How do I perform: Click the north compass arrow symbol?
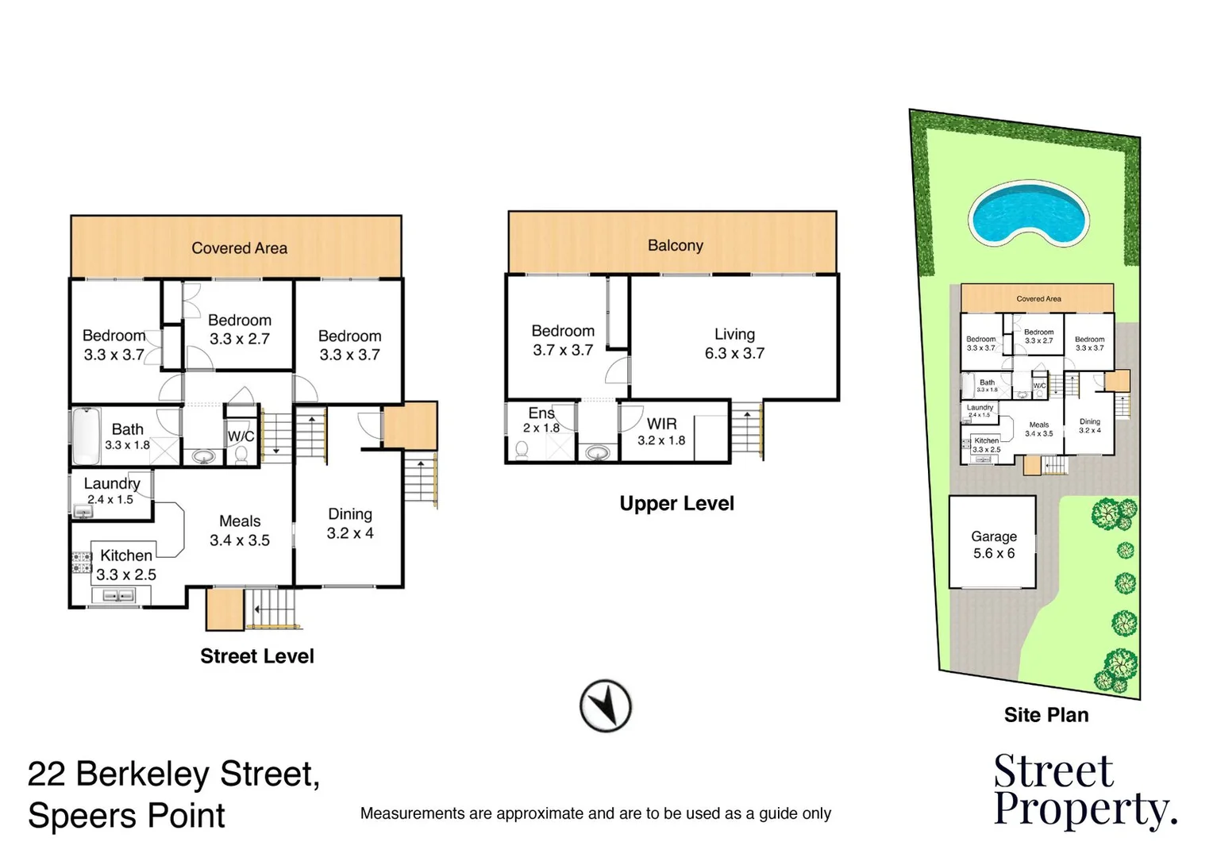tap(605, 705)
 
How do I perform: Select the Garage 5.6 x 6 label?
tap(993, 545)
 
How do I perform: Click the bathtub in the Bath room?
tap(86, 436)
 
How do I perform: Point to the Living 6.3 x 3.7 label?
tap(734, 344)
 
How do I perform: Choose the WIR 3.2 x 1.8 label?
tap(661, 432)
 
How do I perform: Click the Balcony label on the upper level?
tap(675, 245)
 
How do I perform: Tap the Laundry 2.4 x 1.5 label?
tap(111, 490)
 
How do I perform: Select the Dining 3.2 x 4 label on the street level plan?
tap(349, 524)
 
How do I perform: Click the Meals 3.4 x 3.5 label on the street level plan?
tap(239, 530)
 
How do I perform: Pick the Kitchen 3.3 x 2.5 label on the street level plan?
tap(126, 564)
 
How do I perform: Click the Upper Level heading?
tap(676, 503)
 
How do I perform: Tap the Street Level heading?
tap(256, 656)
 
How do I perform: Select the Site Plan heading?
tap(1045, 715)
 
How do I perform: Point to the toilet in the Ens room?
tap(522, 450)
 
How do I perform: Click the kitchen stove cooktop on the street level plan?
tap(82, 563)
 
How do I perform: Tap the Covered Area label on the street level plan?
tap(239, 248)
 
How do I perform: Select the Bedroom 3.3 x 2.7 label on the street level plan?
tap(239, 329)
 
